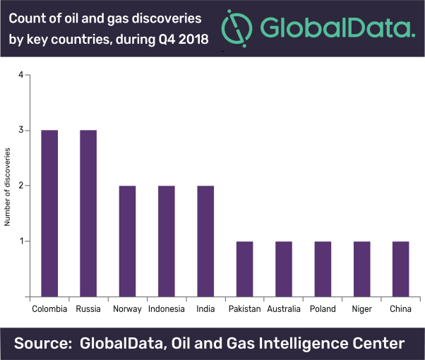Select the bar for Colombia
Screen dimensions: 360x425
pos(49,214)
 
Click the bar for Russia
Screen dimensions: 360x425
pos(88,214)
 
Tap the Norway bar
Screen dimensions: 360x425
pos(127,241)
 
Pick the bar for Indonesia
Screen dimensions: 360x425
pos(167,241)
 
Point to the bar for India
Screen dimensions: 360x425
pos(205,241)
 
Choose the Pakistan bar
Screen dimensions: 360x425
pos(245,269)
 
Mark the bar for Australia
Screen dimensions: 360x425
pos(284,269)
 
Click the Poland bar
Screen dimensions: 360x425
pos(323,269)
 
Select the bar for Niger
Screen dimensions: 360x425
pos(361,269)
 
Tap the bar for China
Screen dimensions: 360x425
pos(400,269)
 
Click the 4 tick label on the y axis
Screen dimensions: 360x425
pos(21,75)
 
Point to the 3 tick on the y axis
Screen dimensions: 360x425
pos(21,131)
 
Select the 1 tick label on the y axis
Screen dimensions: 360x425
pos(21,241)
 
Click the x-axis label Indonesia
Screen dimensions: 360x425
pos(167,309)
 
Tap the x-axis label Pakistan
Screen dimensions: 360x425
pos(245,309)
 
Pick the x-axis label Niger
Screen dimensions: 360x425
pos(361,309)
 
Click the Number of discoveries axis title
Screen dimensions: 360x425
pos(8,186)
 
